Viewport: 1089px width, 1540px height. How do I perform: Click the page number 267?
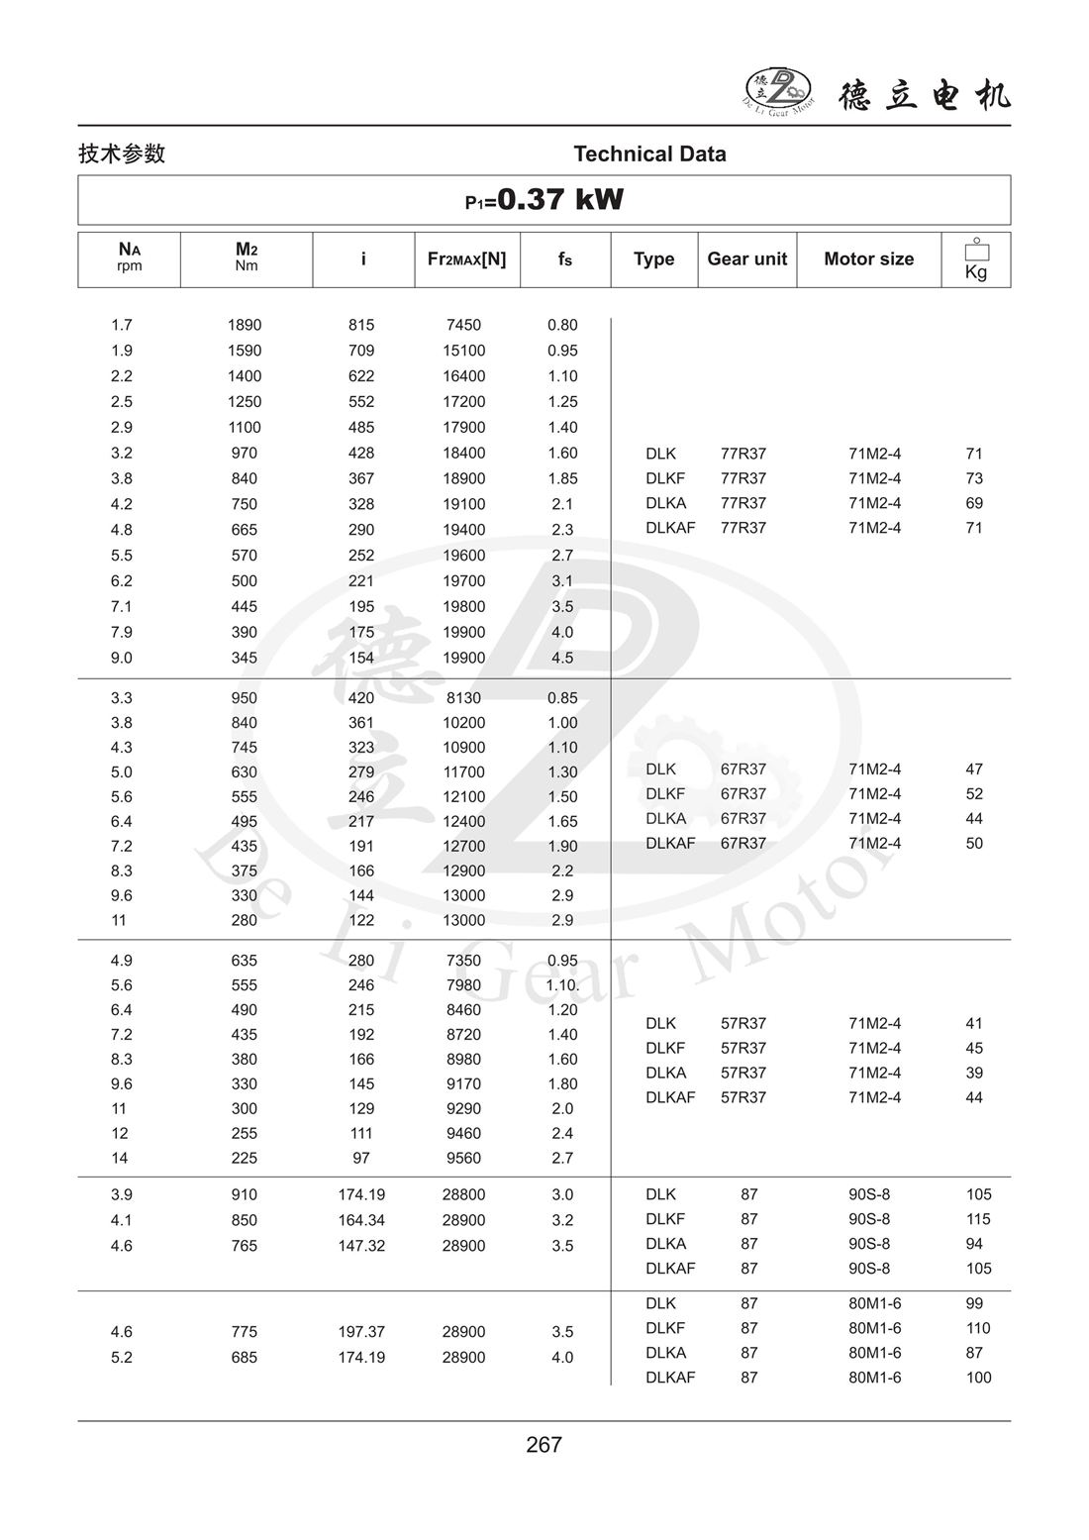pos(544,1445)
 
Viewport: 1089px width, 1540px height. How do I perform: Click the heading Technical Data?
pos(649,154)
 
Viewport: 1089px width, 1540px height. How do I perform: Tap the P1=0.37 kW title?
pos(544,200)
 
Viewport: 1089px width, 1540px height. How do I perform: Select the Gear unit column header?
pos(746,258)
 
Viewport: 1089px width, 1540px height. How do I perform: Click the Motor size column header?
pos(868,258)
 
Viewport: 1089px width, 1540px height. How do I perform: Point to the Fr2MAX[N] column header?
pos(466,258)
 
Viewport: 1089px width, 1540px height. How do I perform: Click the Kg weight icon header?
pos(975,259)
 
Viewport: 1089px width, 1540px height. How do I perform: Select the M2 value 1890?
pos(245,325)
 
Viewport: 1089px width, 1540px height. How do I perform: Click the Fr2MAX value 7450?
pos(463,325)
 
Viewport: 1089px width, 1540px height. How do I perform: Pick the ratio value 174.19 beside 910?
pos(361,1194)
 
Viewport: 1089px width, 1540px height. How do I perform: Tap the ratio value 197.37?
pos(361,1332)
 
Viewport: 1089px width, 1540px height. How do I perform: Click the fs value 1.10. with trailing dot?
pos(562,984)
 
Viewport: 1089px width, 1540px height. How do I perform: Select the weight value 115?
pos(978,1219)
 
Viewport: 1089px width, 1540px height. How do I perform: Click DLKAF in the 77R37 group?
pos(670,528)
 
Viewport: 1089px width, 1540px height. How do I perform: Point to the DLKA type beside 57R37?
pos(665,1073)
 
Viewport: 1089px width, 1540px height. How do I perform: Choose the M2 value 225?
pos(244,1158)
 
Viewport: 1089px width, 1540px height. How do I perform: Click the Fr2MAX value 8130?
pos(463,697)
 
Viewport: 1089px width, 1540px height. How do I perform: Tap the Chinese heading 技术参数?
pos(122,154)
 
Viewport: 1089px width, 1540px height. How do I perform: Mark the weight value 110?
pos(978,1328)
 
